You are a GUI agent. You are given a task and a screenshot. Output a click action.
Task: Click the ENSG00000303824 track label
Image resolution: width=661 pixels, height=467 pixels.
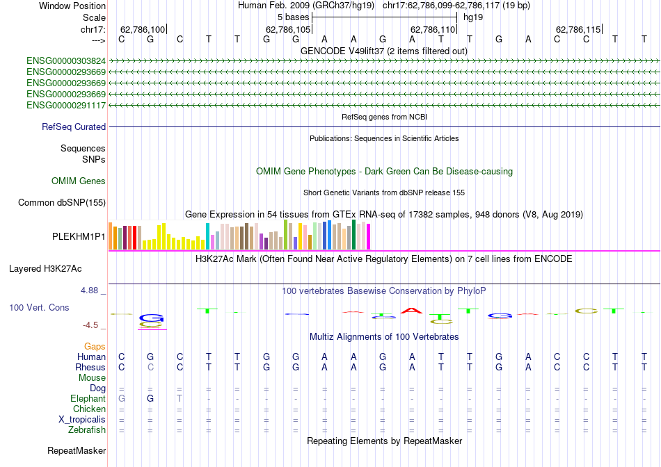[x=66, y=60]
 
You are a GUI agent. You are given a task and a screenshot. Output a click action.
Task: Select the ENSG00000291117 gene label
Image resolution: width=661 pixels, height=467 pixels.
[x=66, y=105]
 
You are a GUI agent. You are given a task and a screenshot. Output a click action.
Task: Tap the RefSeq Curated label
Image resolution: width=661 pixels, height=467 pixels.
[x=74, y=127]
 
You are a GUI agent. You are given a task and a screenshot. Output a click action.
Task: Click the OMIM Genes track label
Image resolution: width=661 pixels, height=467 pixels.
[x=79, y=181]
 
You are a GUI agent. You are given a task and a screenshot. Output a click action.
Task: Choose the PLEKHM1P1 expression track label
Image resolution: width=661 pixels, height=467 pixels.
[x=79, y=236]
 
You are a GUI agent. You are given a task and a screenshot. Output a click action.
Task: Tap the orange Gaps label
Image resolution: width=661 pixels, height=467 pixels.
[x=95, y=346]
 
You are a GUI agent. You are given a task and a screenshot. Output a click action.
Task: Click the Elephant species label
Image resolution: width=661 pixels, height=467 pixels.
[x=88, y=399]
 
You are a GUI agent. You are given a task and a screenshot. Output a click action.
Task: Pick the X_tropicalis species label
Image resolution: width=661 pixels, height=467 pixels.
[x=82, y=420]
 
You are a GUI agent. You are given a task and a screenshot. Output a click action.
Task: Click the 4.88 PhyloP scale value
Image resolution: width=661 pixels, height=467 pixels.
[x=92, y=290]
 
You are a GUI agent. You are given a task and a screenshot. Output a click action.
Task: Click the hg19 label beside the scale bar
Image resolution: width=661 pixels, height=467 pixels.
[x=472, y=16]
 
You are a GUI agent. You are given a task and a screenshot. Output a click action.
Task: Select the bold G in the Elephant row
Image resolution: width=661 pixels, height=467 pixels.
[x=150, y=399]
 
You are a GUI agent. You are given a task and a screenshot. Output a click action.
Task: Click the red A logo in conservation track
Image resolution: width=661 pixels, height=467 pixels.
[x=411, y=310]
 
